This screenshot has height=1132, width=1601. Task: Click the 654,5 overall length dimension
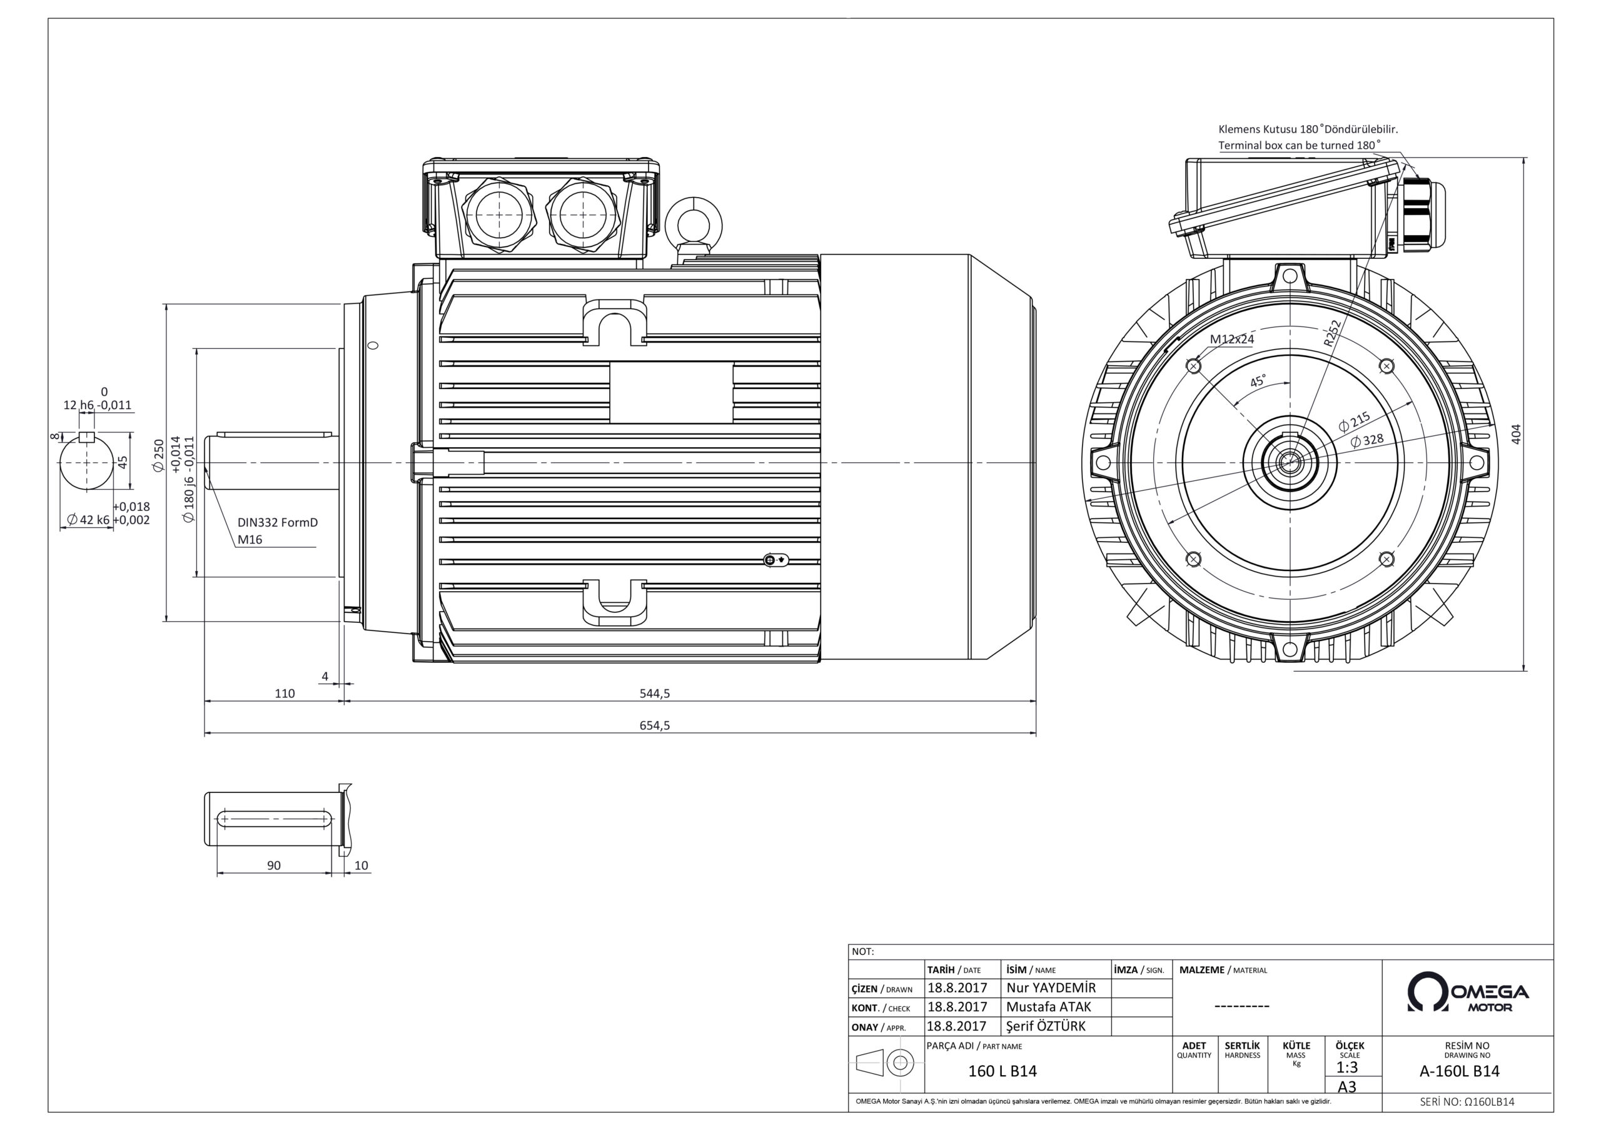coord(654,725)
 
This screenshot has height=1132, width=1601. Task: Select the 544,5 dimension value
coord(654,694)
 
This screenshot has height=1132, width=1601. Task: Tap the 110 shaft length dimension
coord(285,694)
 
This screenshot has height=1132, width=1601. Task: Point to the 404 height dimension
coord(1515,433)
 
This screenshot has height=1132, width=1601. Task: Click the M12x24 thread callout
coord(1231,339)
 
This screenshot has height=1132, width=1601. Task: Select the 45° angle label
coord(1258,382)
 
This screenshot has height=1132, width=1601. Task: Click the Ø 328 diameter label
coord(1366,440)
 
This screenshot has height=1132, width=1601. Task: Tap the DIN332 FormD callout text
coord(278,522)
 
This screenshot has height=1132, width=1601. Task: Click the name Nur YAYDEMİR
coord(1051,988)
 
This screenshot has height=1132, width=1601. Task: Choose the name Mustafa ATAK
coord(1048,1006)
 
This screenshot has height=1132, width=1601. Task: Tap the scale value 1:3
coord(1346,1068)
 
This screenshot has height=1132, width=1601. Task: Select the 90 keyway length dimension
coord(273,866)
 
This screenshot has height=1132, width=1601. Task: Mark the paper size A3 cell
coord(1346,1087)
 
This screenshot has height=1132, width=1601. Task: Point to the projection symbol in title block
coord(886,1063)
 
